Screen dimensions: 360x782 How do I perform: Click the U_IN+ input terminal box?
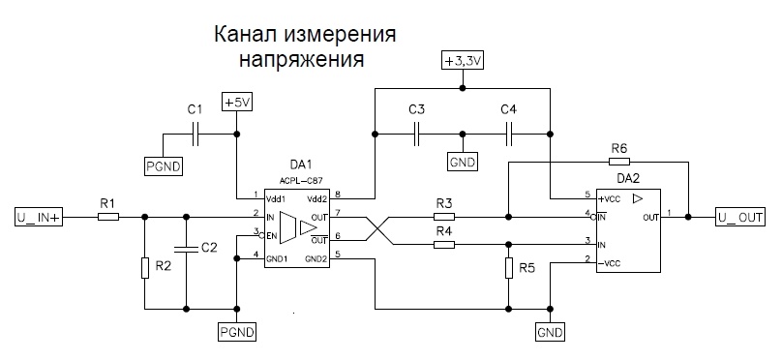pos(39,217)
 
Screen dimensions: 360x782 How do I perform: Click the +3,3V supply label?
pos(462,60)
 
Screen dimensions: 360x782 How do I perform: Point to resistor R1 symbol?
pos(107,217)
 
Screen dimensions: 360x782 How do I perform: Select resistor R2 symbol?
pos(144,266)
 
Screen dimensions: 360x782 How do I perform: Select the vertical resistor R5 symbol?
pos(508,267)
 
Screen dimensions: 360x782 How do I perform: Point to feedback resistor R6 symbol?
pos(619,162)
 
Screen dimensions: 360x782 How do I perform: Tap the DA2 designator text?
pos(629,180)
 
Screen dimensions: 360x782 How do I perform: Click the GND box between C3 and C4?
pos(463,162)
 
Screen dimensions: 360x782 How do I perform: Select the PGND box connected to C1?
pos(161,166)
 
